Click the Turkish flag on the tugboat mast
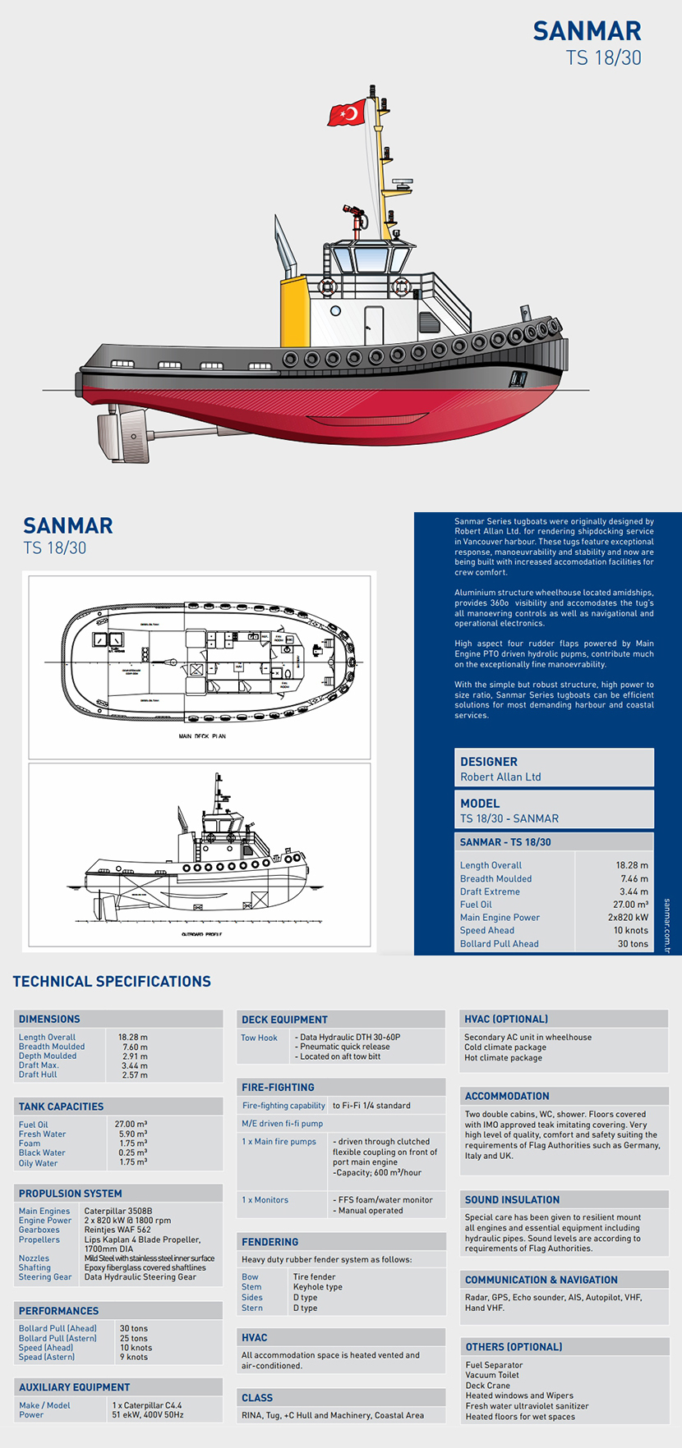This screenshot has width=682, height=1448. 347,112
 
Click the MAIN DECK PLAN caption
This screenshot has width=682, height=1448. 202,736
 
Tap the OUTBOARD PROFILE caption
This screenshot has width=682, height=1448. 201,934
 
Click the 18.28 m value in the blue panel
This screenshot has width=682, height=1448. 632,865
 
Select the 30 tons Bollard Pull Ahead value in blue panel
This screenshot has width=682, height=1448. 633,944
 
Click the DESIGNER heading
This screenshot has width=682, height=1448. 489,762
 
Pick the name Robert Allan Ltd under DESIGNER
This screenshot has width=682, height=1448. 500,777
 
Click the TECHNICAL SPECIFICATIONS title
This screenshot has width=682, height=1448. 112,982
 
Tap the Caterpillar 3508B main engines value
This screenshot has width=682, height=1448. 118,1211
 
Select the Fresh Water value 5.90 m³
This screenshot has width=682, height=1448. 132,1134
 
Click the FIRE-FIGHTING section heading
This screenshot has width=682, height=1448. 278,1088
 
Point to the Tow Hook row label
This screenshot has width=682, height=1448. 259,1038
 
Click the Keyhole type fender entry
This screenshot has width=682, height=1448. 318,1287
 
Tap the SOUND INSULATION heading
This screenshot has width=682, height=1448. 512,1200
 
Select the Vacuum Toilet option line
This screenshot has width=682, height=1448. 492,1375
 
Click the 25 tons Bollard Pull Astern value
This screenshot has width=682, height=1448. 134,1338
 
